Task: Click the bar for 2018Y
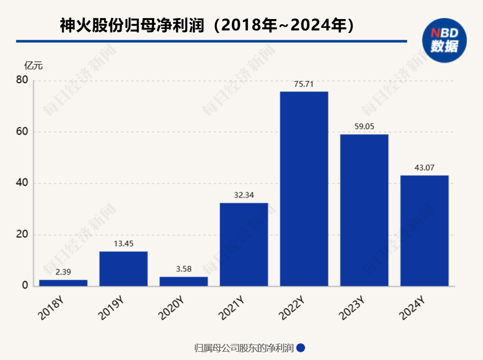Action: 63,283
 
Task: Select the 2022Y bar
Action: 304,189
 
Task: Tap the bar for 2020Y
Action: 184,281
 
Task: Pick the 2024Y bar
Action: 424,231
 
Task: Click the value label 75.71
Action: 304,84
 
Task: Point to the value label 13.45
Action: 123,244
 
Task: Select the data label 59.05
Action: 364,127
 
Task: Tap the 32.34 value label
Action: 244,195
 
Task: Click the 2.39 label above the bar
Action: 63,272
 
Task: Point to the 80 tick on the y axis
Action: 22,80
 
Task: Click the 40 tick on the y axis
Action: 22,183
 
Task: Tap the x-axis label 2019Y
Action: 110,307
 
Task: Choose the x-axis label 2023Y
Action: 351,307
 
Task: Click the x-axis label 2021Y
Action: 230,307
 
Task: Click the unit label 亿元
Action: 34,66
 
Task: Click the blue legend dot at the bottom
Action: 301,348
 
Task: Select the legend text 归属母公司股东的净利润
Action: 244,348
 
